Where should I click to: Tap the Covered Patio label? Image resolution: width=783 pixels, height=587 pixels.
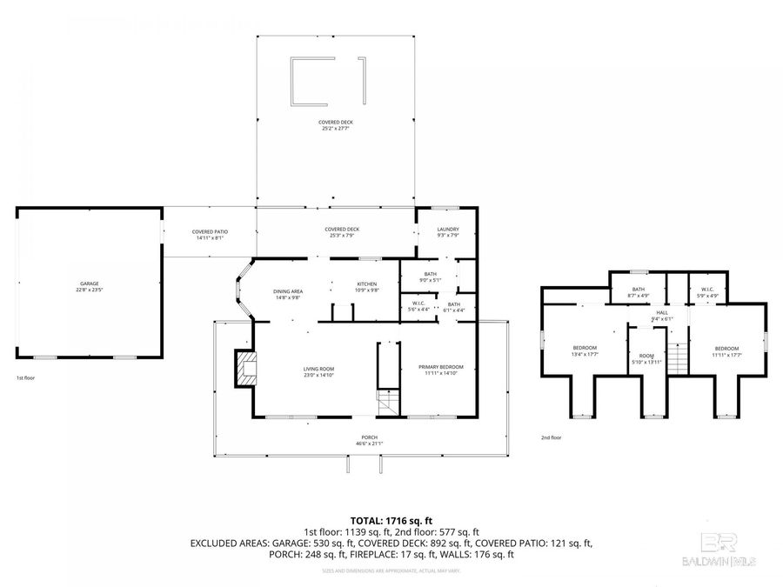pyautogui.click(x=209, y=235)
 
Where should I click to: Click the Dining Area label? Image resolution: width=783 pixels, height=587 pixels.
pyautogui.click(x=288, y=294)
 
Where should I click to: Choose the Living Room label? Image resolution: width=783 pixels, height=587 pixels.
pyautogui.click(x=318, y=371)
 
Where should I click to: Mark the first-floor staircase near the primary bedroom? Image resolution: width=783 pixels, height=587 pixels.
pyautogui.click(x=386, y=402)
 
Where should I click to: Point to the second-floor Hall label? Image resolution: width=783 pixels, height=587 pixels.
pyautogui.click(x=662, y=315)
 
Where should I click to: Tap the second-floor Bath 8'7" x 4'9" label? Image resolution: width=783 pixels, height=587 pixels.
pyautogui.click(x=639, y=292)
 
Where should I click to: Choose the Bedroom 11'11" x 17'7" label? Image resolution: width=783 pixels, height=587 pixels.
pyautogui.click(x=726, y=350)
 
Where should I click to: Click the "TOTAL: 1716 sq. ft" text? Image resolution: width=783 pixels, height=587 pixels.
pyautogui.click(x=391, y=518)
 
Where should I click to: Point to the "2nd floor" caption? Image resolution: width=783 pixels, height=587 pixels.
pyautogui.click(x=552, y=437)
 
